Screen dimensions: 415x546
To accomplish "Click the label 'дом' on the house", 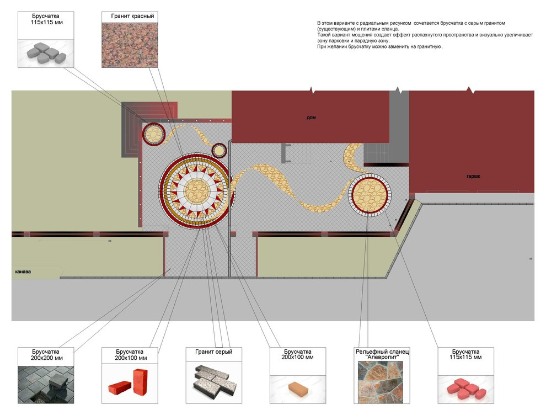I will (312, 118).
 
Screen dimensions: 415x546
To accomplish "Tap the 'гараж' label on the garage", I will (473, 176).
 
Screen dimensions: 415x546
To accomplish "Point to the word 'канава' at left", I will (23, 272).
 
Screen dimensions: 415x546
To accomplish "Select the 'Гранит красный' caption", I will (132, 17).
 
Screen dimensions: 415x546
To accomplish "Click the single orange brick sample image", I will (297, 383).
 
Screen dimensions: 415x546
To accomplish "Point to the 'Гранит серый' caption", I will (213, 352).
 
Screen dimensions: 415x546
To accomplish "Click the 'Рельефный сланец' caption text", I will (381, 352).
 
